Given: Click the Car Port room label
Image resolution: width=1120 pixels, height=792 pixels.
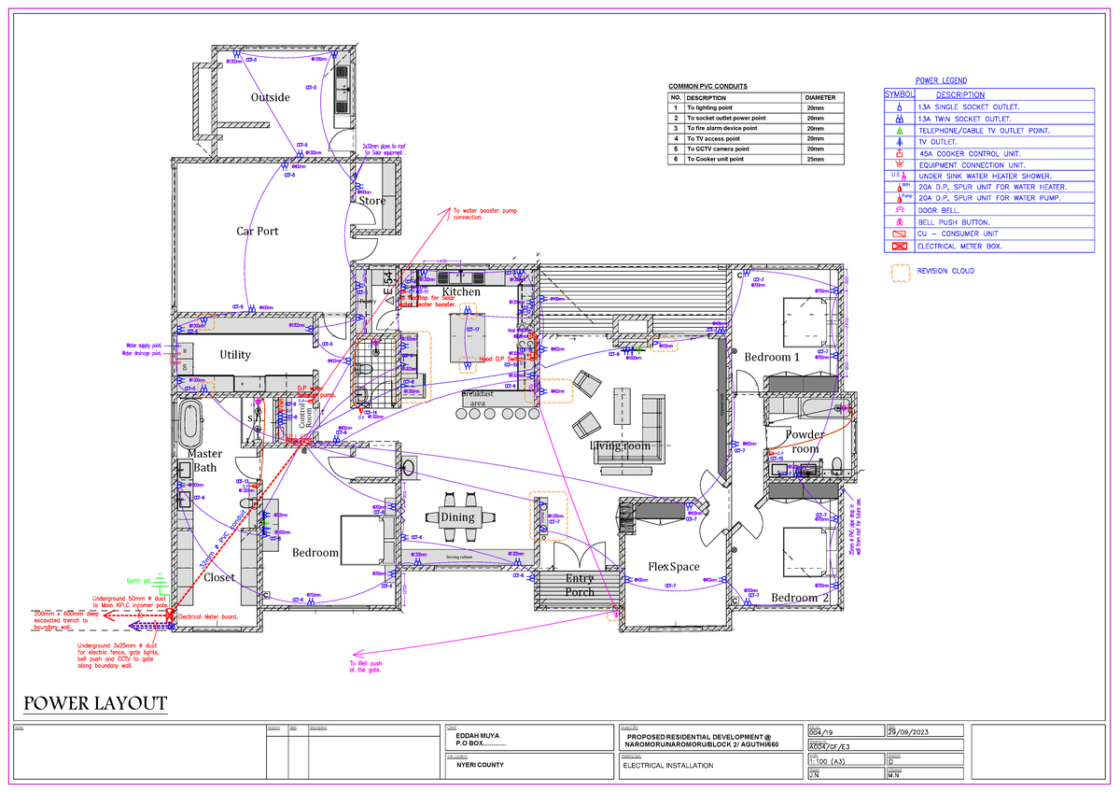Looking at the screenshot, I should (257, 231).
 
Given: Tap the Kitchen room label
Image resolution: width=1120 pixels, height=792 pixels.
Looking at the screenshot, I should (460, 292).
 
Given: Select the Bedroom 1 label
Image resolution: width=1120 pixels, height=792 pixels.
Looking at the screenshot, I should (772, 357).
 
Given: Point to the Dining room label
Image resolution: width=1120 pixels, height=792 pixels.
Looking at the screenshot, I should (457, 517).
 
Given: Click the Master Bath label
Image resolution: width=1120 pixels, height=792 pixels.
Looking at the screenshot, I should (205, 460).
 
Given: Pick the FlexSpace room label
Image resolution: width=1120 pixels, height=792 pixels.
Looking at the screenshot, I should (674, 567).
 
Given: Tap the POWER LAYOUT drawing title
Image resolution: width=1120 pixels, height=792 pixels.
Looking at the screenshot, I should (95, 703).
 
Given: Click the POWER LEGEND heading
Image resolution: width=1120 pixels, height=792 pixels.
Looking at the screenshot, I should (941, 81).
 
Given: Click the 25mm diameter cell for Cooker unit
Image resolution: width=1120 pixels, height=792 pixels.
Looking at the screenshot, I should (815, 160).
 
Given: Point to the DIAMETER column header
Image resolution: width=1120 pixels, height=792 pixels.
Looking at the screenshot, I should (821, 97).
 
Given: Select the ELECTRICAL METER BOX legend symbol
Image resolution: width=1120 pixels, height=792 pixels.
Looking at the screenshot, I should (899, 247).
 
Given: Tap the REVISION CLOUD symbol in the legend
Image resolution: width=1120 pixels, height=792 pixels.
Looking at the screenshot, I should (901, 272).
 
